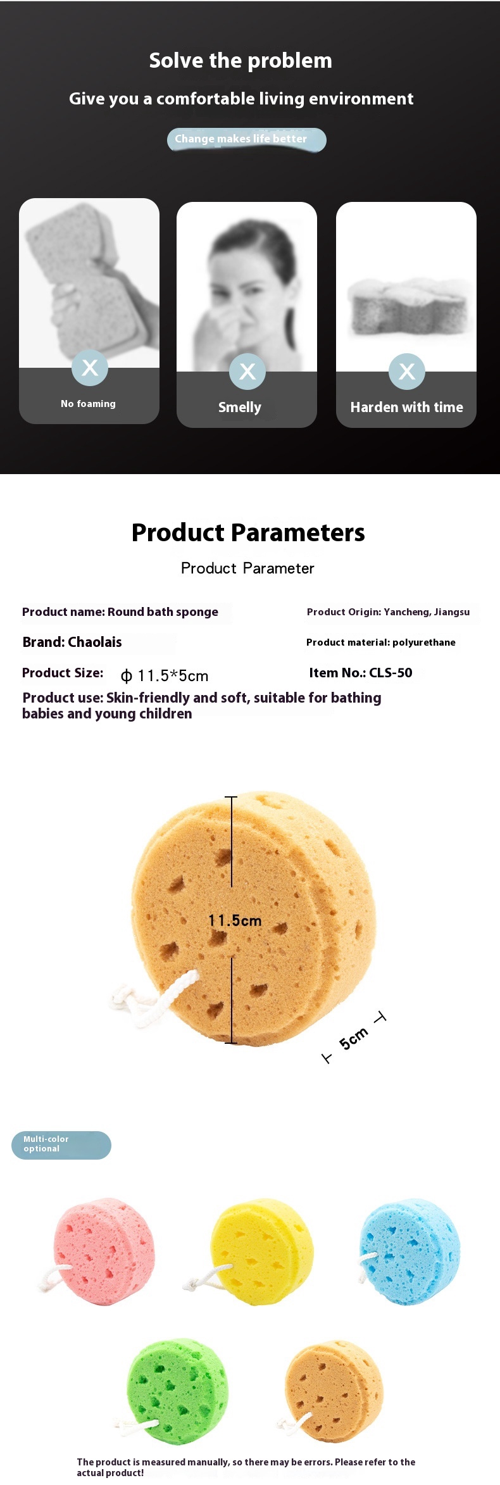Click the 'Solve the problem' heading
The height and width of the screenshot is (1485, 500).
(241, 61)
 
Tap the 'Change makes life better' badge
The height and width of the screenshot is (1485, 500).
(247, 139)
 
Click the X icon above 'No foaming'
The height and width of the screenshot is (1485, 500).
(90, 367)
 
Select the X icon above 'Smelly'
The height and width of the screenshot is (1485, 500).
(247, 372)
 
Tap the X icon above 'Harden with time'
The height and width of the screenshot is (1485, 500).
(407, 372)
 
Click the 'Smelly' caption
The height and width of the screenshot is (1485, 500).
(240, 407)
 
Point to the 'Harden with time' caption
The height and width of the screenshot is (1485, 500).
(407, 407)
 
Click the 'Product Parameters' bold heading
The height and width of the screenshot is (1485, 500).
(248, 532)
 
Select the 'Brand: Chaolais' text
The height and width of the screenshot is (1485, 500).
(72, 642)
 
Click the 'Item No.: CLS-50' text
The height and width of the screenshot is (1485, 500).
(361, 673)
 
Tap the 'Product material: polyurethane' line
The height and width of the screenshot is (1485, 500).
(381, 642)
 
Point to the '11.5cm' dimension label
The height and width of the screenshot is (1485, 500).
(235, 920)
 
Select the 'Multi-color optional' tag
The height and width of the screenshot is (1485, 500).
(61, 1145)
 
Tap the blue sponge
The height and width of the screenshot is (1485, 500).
(410, 1251)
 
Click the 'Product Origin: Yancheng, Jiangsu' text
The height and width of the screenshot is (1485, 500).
(388, 612)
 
